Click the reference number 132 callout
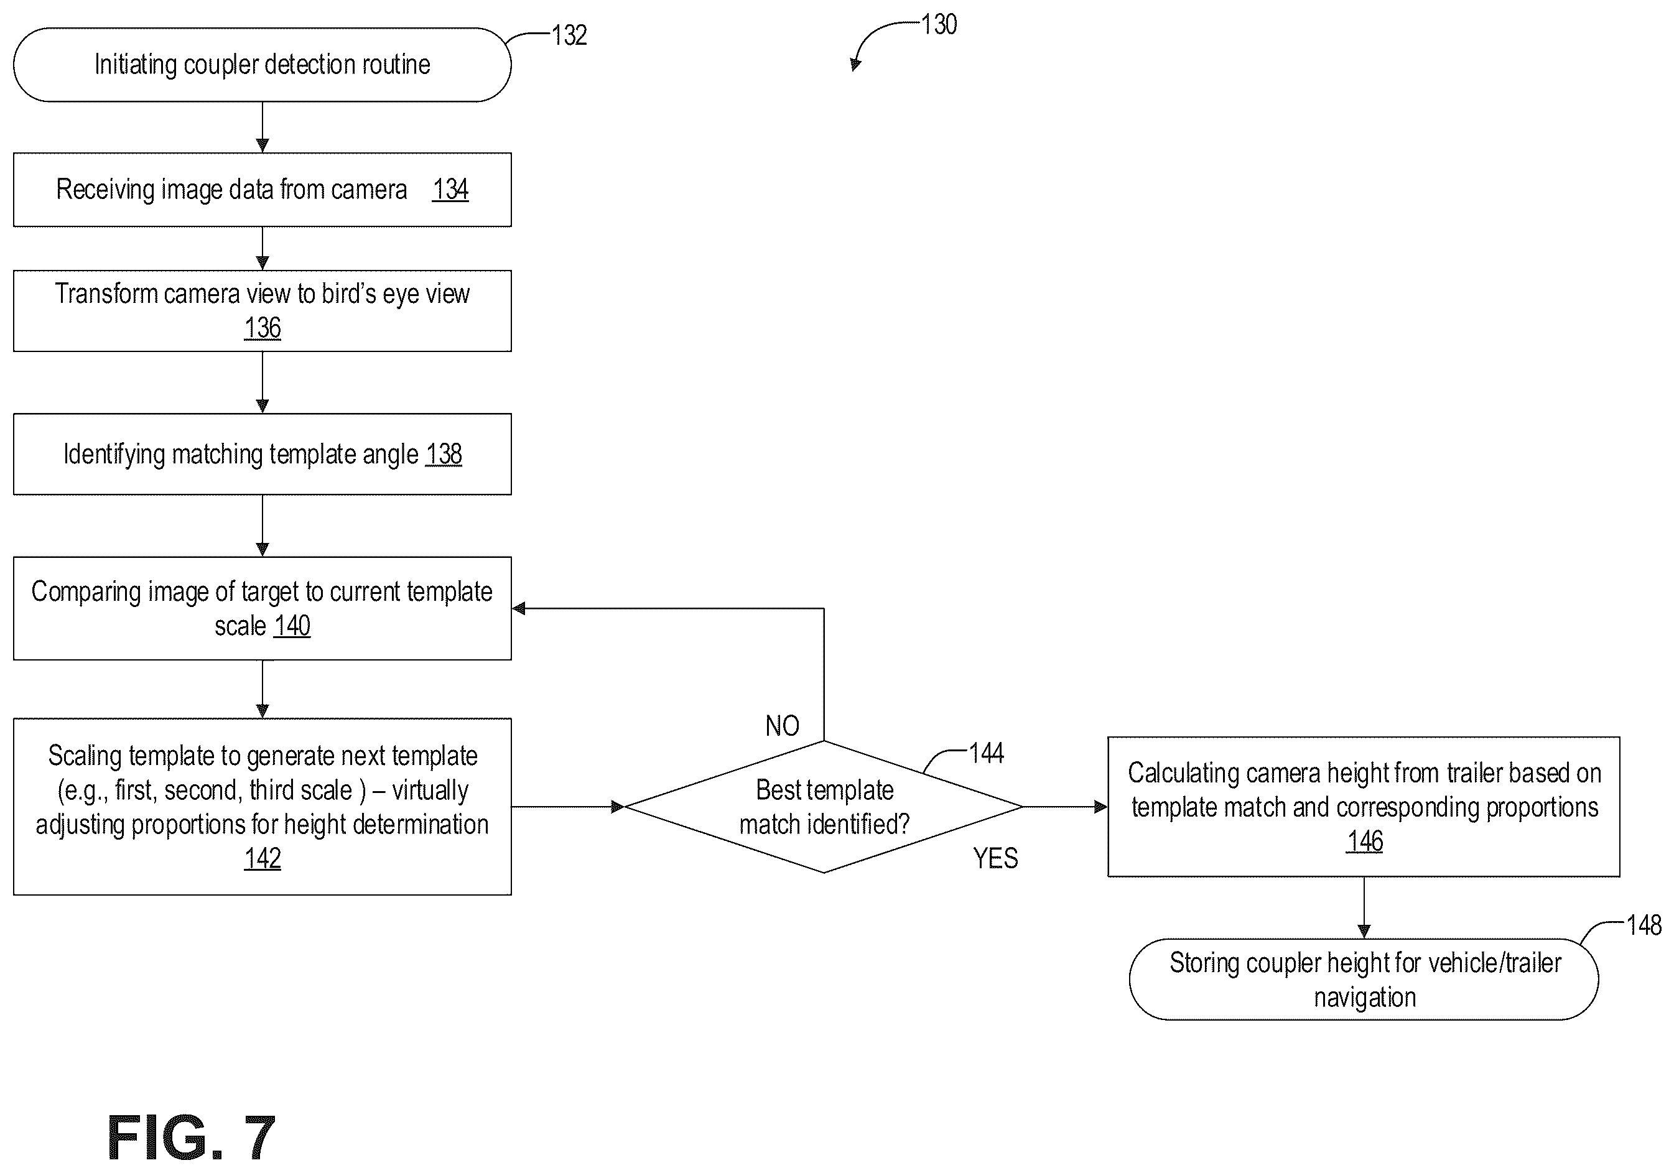[569, 35]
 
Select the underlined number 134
[450, 190]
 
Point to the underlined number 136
[263, 328]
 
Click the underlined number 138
[444, 454]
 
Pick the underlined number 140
[292, 626]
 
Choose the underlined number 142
[263, 858]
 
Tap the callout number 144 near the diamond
[986, 753]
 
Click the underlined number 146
[1364, 841]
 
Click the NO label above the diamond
[783, 725]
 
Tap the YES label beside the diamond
[995, 858]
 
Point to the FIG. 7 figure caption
[191, 1138]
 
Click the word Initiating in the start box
[136, 65]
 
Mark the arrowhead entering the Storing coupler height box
[1364, 932]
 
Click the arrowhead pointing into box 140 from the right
[519, 609]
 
